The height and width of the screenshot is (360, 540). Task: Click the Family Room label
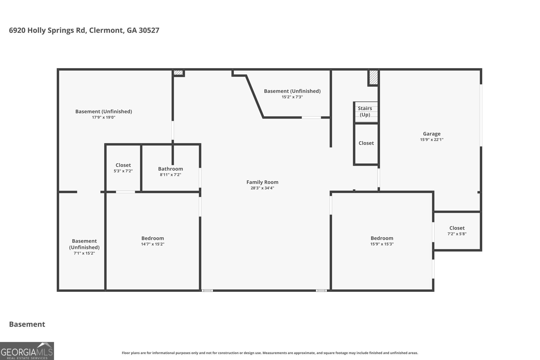point(262,182)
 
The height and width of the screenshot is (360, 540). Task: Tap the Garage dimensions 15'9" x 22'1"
point(432,140)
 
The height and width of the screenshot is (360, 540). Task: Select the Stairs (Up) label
point(365,111)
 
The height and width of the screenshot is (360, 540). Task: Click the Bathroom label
point(170,169)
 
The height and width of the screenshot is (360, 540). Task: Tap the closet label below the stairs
point(366,143)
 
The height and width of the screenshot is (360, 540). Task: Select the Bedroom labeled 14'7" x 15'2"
point(153,238)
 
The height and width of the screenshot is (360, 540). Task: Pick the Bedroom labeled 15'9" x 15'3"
point(382,238)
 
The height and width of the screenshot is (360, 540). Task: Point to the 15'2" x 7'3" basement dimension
point(292,97)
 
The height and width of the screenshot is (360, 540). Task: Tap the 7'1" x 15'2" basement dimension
point(84,253)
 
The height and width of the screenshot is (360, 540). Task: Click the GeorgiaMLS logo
point(27,351)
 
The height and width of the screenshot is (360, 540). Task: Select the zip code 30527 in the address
point(149,30)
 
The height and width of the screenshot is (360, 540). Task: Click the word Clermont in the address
point(106,30)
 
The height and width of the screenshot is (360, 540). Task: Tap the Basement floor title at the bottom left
point(27,324)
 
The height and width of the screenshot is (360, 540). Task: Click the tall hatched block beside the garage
point(373,78)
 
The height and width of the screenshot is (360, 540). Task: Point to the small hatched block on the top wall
point(178,73)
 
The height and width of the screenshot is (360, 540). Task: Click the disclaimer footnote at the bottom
point(270,353)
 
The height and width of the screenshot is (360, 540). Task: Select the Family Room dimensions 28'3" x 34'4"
point(262,188)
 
